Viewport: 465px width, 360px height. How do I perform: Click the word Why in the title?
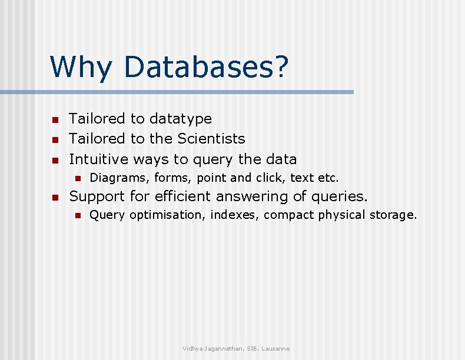point(80,66)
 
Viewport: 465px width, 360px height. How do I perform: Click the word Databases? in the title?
point(206,66)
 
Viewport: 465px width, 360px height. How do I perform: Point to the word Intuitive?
point(99,159)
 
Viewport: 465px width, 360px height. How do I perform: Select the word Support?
point(97,196)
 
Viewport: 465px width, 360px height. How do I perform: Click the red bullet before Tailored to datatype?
point(55,120)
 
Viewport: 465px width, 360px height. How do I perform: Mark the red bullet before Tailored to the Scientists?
point(55,140)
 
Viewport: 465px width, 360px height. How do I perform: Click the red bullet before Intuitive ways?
point(55,160)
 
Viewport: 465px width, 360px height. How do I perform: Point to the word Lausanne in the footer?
point(275,349)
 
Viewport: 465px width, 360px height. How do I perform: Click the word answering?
point(255,196)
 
